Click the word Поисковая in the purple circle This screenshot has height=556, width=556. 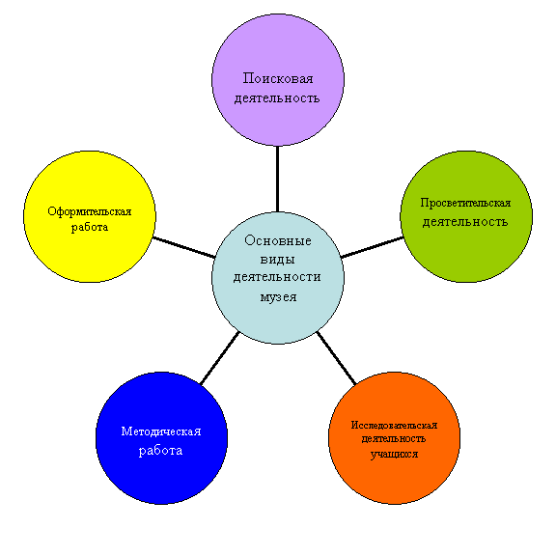(278, 79)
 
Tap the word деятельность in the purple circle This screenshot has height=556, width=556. (277, 98)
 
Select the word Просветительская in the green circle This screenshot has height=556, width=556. (465, 204)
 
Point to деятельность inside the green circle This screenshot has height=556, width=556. (465, 222)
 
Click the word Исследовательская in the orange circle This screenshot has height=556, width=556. (394, 425)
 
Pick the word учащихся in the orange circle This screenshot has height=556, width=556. (394, 455)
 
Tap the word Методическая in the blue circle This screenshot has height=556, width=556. (161, 431)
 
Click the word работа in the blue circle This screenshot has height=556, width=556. (160, 452)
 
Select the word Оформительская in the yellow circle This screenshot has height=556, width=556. (90, 211)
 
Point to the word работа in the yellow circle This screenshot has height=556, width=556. (90, 227)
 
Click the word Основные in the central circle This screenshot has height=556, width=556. (278, 240)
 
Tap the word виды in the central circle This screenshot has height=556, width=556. (278, 260)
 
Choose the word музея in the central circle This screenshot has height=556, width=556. (278, 297)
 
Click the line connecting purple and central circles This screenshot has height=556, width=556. (277, 179)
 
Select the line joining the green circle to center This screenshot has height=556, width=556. (372, 247)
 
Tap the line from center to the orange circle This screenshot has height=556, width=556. (336, 358)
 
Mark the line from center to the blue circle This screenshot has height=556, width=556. (219, 358)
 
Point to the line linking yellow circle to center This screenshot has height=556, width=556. (184, 247)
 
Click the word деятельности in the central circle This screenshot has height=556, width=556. (277, 277)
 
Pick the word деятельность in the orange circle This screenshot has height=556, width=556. (394, 439)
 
